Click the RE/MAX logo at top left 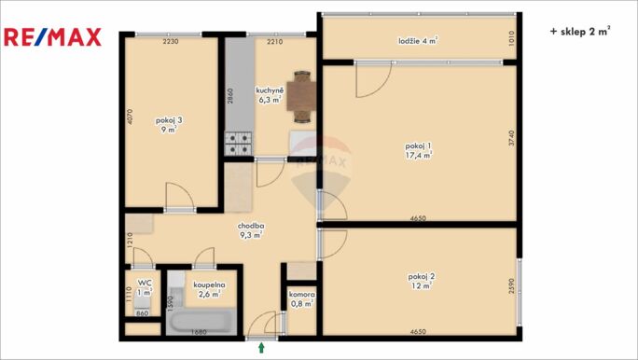[52, 37]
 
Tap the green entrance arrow [261, 348]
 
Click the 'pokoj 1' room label [418, 145]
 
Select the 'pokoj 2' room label [421, 277]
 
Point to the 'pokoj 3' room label [169, 120]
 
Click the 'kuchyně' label [270, 90]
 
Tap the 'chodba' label [251, 226]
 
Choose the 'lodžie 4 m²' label [418, 41]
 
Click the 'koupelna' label [209, 284]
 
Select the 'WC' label [145, 283]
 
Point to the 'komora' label [301, 294]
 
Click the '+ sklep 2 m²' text [580, 32]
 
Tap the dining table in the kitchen [301, 96]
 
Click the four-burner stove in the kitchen [238, 144]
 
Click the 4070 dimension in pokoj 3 [130, 116]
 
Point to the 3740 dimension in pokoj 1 [511, 137]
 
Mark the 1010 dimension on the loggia [511, 38]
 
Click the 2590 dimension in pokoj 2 [511, 286]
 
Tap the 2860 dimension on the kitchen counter [230, 96]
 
